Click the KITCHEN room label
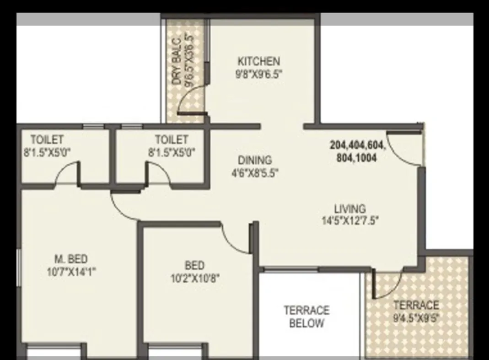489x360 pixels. point(258,61)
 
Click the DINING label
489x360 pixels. point(255,160)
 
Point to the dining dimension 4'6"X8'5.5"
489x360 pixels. point(255,173)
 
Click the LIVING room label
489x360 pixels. point(349,208)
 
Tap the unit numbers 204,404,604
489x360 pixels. point(358,146)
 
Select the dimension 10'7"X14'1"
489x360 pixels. point(71,272)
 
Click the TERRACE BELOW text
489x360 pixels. point(306,317)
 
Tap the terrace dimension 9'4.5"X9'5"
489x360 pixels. point(416,318)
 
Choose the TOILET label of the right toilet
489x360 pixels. point(171,139)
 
